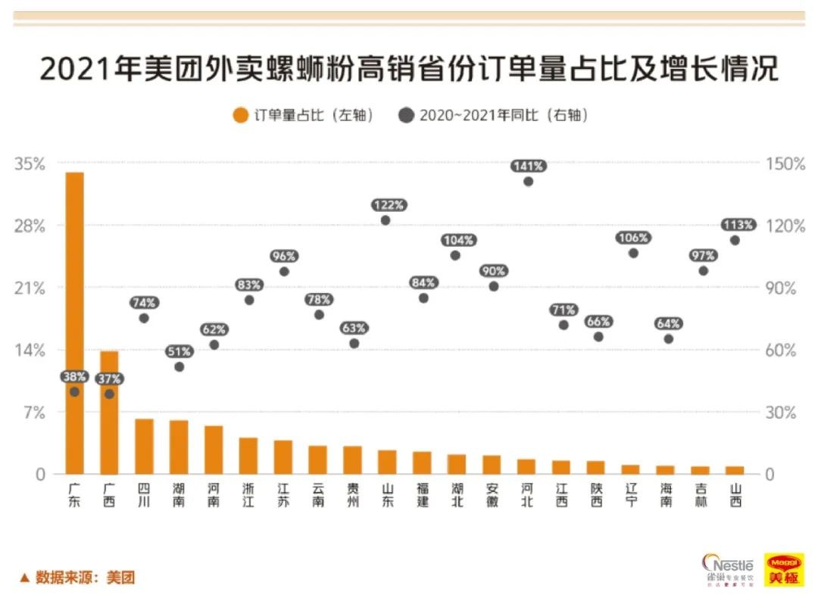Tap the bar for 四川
point(144,447)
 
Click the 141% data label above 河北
point(528,166)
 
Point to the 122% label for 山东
point(389,205)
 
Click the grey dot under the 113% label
point(735,240)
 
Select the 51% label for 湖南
point(180,351)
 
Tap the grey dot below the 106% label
point(633,253)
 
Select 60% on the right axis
point(785,350)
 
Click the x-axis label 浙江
point(248,495)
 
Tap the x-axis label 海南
point(666,495)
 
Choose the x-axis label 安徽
point(492,495)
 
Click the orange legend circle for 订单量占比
point(241,116)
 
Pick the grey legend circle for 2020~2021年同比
point(407,116)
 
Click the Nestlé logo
point(729,571)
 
